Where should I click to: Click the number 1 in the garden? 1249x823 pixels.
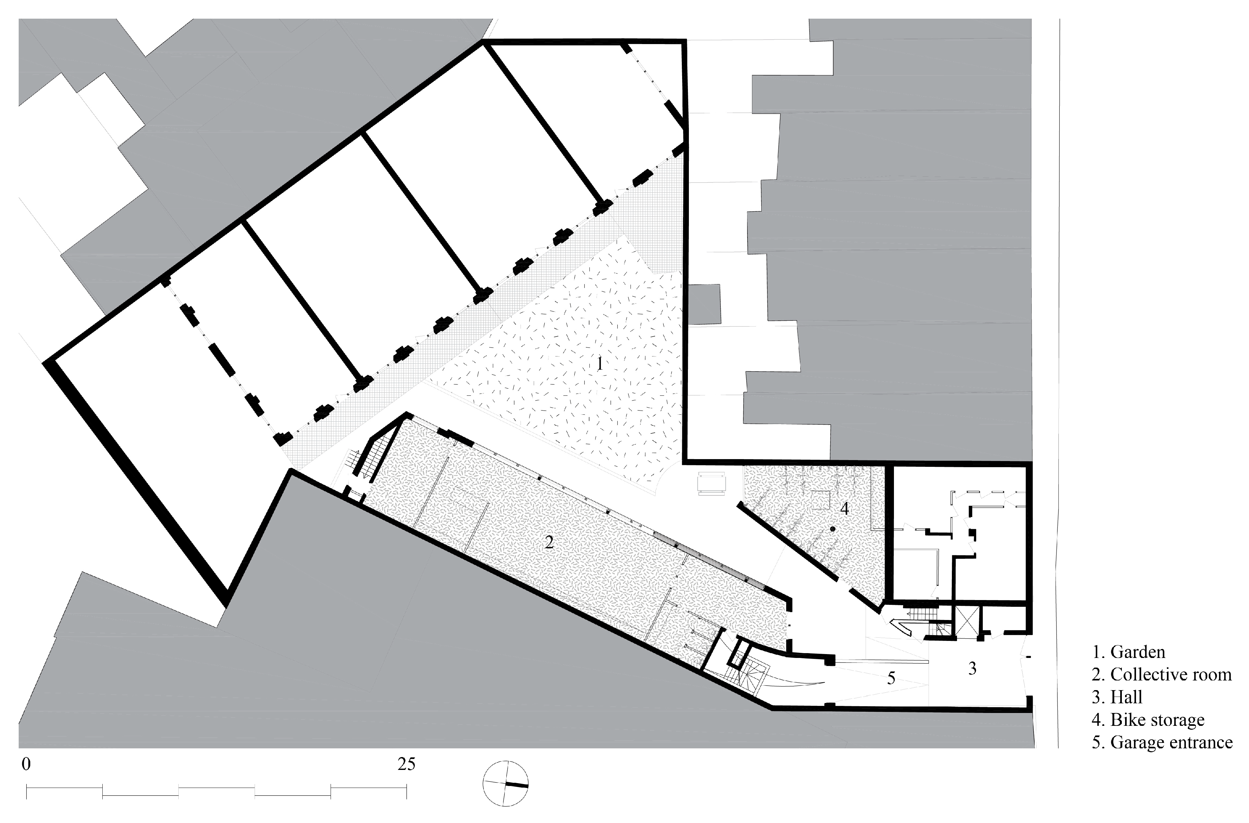click(x=600, y=364)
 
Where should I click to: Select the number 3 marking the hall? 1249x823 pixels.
click(x=972, y=668)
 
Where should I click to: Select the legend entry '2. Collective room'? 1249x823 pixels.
click(x=1161, y=674)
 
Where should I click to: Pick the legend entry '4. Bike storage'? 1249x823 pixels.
click(x=1148, y=720)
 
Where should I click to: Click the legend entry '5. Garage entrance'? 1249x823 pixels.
click(x=1162, y=742)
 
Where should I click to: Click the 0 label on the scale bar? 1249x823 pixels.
click(x=26, y=764)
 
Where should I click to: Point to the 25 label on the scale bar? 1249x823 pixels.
click(x=406, y=764)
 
